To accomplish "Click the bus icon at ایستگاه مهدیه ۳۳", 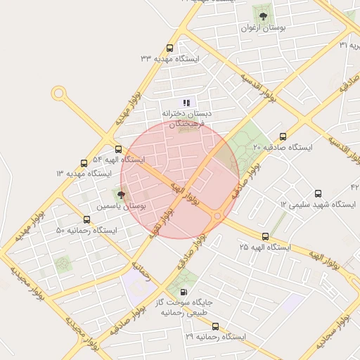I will tap(169, 48).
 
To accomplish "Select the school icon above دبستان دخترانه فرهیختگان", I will tap(187, 103).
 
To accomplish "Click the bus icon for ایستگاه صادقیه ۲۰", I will tap(283, 137).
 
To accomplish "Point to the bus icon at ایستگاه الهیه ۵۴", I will tap(118, 149).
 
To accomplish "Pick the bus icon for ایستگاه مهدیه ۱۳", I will tap(84, 163).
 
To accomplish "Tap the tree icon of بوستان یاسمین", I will tap(121, 195).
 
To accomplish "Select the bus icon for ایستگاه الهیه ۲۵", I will tap(265, 237).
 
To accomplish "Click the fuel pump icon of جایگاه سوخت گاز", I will tap(184, 292).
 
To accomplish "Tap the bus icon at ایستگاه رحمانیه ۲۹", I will tap(215, 326).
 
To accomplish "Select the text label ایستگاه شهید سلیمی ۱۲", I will tap(318, 204).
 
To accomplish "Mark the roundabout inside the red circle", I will tap(217, 216).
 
